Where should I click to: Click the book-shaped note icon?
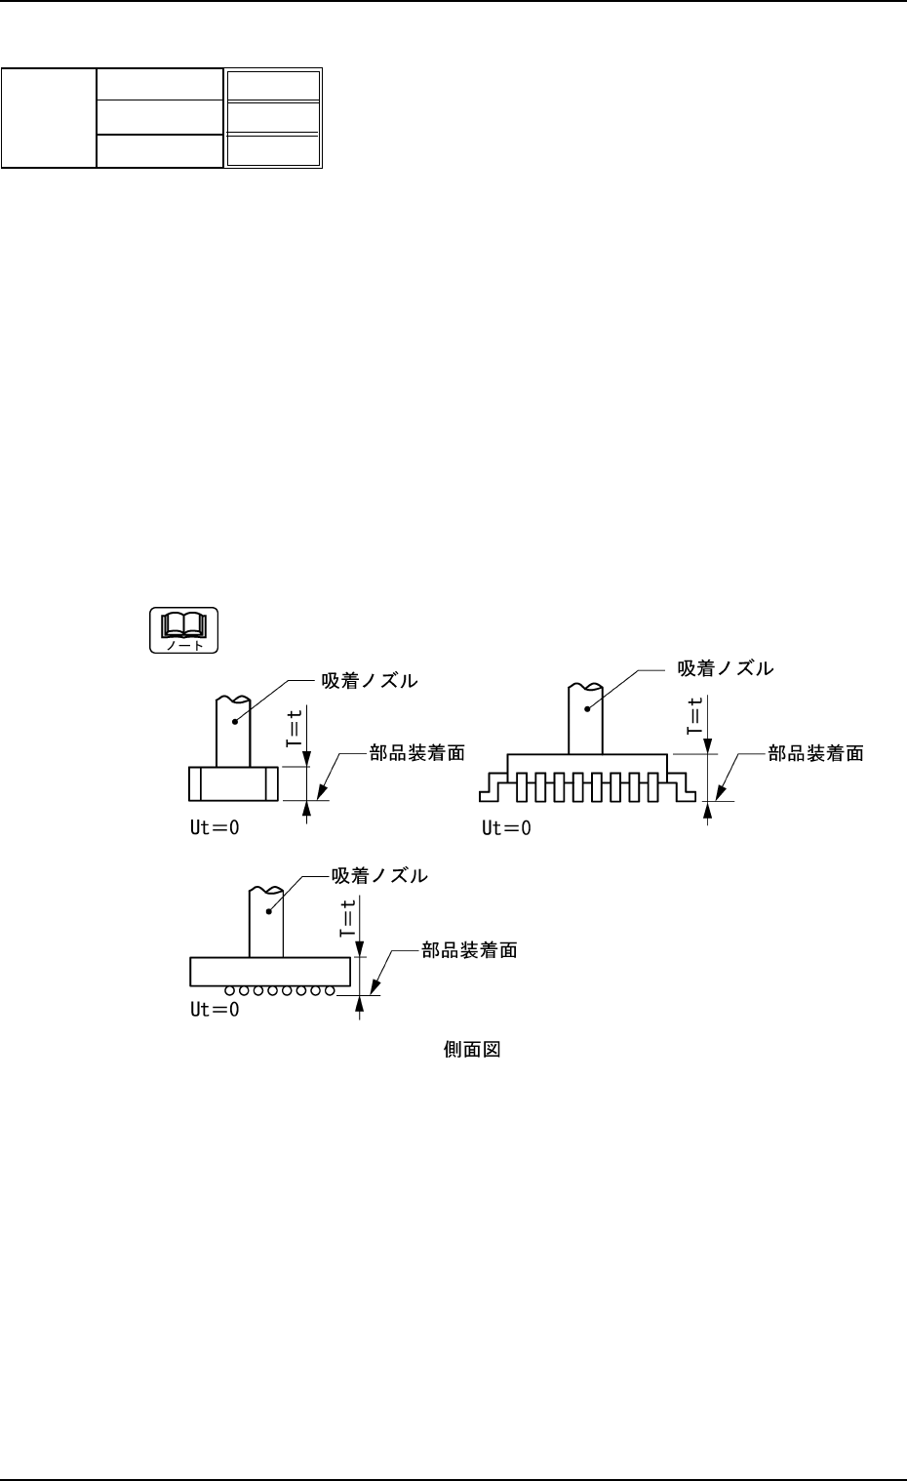pos(183,629)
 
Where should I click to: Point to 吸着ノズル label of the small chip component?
pos(370,681)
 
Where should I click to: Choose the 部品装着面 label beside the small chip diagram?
pos(416,752)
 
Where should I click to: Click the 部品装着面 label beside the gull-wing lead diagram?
pos(815,753)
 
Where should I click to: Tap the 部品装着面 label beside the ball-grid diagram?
pos(469,949)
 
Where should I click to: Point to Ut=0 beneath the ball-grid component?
pos(215,1010)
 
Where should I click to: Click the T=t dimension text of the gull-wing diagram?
pos(694,716)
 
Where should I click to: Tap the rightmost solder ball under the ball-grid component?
pos(331,991)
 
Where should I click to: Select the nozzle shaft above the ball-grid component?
pos(266,922)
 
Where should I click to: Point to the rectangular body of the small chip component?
pos(233,782)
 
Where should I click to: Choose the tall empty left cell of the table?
pos(49,118)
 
